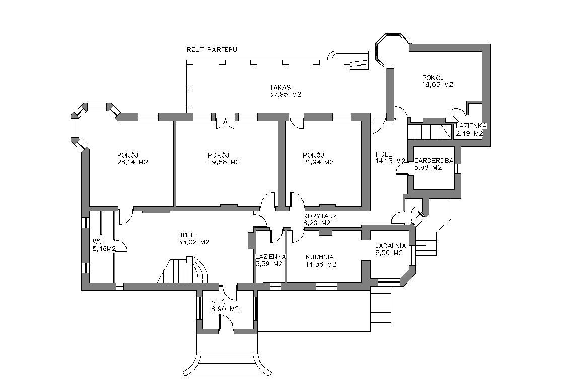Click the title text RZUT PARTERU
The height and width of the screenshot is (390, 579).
coord(211,50)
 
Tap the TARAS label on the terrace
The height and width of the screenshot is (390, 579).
coord(280,87)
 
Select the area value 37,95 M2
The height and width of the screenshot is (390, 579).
coord(285,94)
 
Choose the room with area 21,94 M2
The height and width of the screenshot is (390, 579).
coord(318,162)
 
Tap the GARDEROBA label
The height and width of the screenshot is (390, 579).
coord(433,161)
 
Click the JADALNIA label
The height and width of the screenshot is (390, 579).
coord(389,246)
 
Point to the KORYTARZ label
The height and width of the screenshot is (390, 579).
coord(320,216)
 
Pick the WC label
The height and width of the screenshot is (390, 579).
coord(97,241)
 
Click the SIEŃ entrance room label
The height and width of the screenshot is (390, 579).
coord(219,302)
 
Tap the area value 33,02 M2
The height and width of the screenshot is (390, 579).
coord(194,242)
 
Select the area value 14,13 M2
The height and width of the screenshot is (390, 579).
coord(390,161)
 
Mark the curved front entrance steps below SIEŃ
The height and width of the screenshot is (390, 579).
coord(227,360)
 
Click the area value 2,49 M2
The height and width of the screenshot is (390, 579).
coord(469,134)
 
